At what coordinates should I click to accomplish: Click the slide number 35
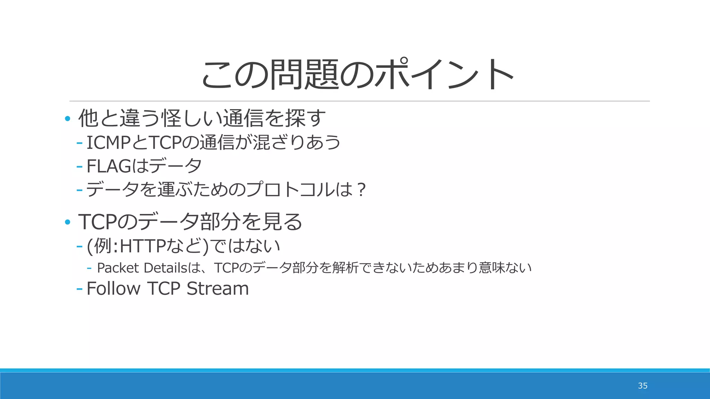[x=642, y=386]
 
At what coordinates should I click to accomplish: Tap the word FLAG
[x=109, y=166]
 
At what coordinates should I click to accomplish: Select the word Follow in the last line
[x=113, y=289]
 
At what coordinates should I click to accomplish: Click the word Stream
[x=218, y=289]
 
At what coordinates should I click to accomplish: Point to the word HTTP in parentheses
[x=142, y=246]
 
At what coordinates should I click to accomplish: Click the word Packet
[x=118, y=268]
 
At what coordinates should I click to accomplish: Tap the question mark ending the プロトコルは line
[x=361, y=190]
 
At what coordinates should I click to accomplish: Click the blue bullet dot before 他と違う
[x=68, y=119]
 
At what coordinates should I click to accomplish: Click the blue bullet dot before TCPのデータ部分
[x=68, y=222]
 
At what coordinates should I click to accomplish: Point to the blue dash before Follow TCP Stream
[x=79, y=289]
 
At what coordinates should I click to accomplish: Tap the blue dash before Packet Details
[x=89, y=268]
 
